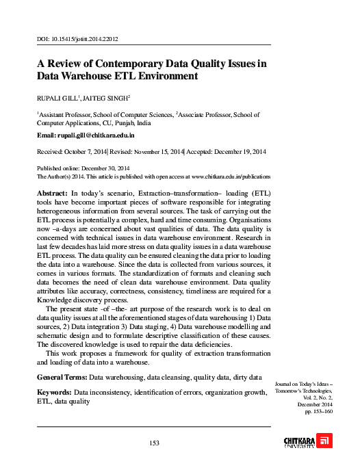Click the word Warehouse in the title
pos(90,77)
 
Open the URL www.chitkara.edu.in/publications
pos(229,175)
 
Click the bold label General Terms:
pos(62,378)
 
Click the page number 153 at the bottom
pos(154,443)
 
